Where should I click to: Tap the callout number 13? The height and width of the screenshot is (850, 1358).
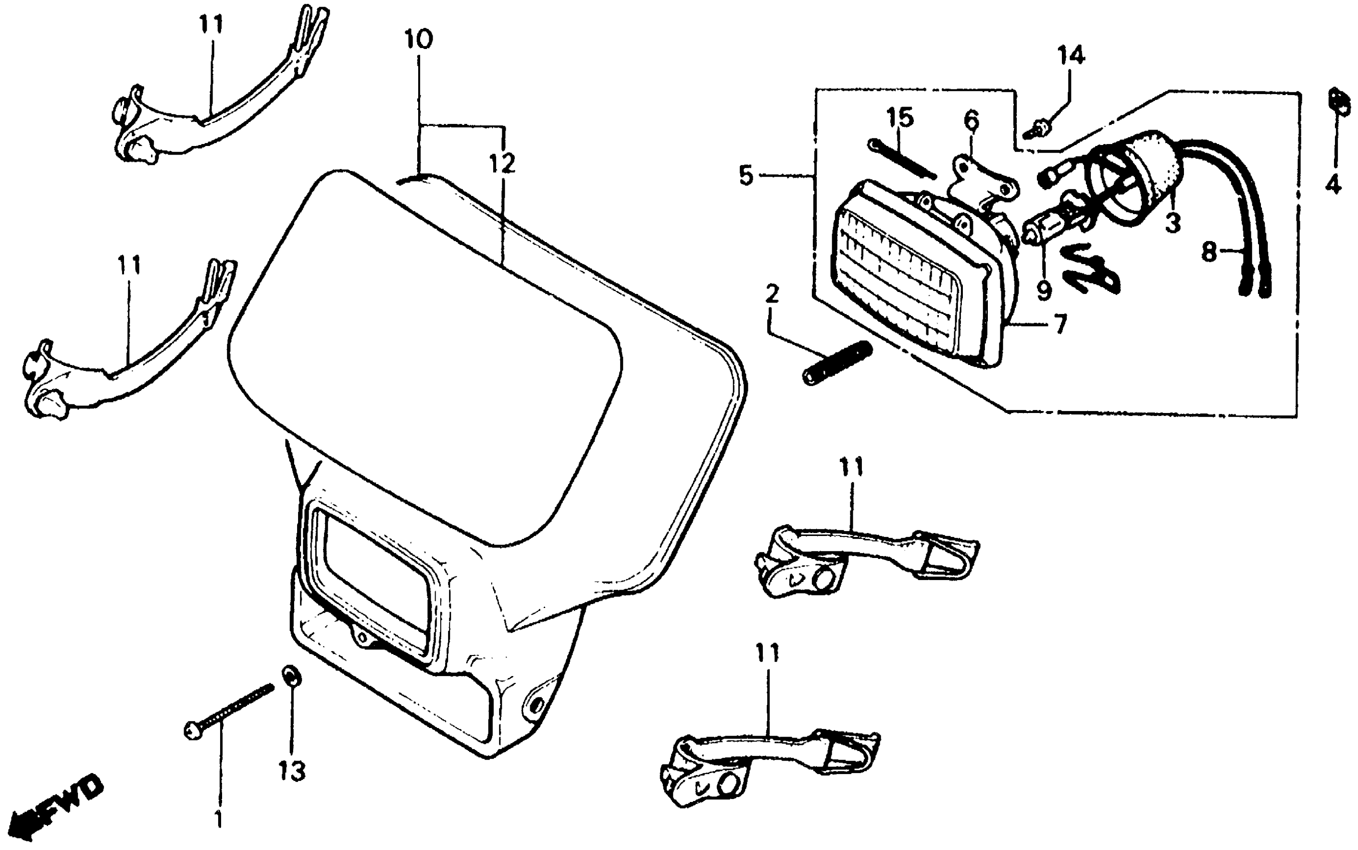[292, 771]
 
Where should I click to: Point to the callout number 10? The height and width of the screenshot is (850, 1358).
[418, 40]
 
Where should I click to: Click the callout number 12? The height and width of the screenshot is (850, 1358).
[502, 163]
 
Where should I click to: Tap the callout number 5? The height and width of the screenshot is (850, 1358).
[746, 175]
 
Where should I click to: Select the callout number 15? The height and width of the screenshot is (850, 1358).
[900, 118]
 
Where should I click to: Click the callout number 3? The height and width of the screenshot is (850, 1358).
[1172, 222]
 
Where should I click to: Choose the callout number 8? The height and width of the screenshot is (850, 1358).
[1209, 251]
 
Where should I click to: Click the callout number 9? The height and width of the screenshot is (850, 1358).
[1044, 290]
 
